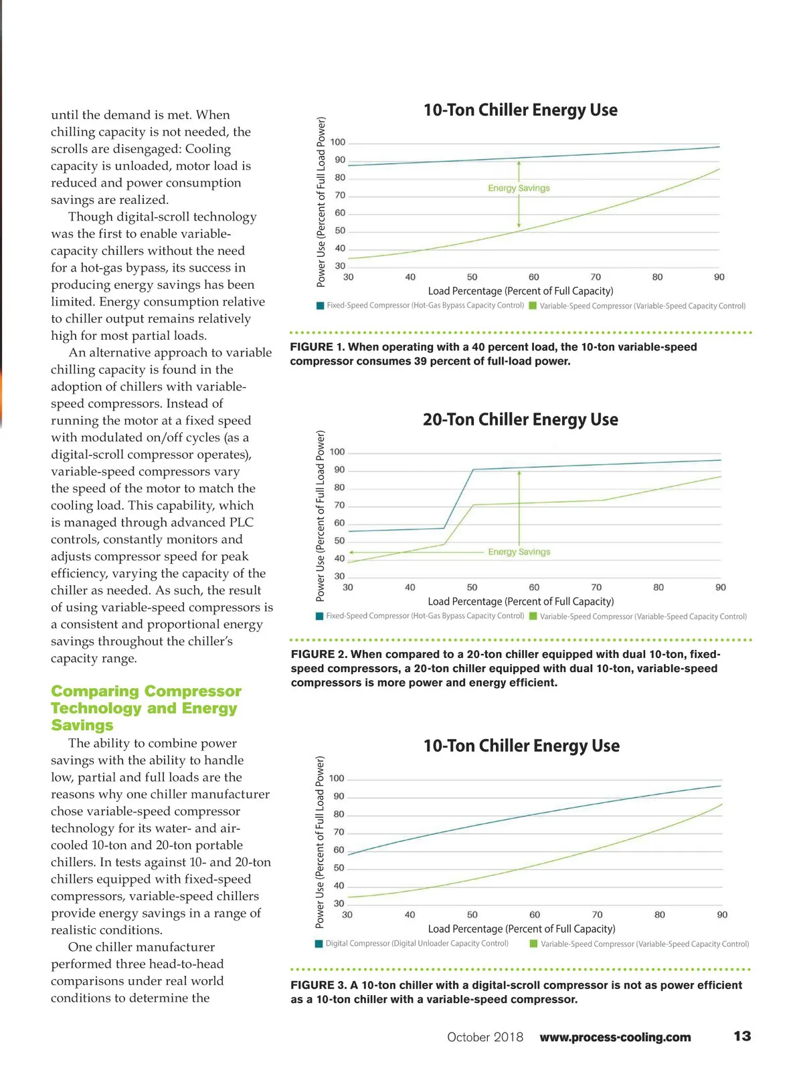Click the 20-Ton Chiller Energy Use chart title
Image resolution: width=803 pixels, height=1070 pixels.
(x=520, y=419)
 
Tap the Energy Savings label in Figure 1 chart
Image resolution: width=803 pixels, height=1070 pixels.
(x=519, y=188)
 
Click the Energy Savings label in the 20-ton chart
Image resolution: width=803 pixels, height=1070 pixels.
(x=519, y=552)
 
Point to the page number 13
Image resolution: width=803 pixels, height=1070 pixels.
(x=742, y=1036)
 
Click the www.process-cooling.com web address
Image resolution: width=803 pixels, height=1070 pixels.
(x=615, y=1037)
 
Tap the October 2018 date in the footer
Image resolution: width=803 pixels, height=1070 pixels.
(x=485, y=1037)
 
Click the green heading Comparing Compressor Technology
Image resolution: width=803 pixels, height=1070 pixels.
(x=146, y=708)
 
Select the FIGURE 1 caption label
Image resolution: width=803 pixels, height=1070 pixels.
(x=317, y=347)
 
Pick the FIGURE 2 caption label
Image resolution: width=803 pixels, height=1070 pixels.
(x=319, y=654)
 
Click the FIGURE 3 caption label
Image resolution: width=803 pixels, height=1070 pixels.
(x=319, y=985)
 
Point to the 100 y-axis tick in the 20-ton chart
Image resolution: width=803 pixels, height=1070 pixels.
(x=337, y=452)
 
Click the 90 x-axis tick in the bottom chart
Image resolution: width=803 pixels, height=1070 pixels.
(x=722, y=914)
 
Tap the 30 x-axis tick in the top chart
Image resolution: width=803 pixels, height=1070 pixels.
(x=348, y=277)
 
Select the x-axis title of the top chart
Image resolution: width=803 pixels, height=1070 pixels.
(x=520, y=291)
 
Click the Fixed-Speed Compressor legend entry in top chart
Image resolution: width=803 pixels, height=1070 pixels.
(x=424, y=306)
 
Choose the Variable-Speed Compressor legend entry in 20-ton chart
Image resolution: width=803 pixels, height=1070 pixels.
(x=642, y=616)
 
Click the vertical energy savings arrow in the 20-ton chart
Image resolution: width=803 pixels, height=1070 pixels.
(x=519, y=508)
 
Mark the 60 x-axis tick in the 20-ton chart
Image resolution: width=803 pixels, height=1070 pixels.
(x=534, y=587)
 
